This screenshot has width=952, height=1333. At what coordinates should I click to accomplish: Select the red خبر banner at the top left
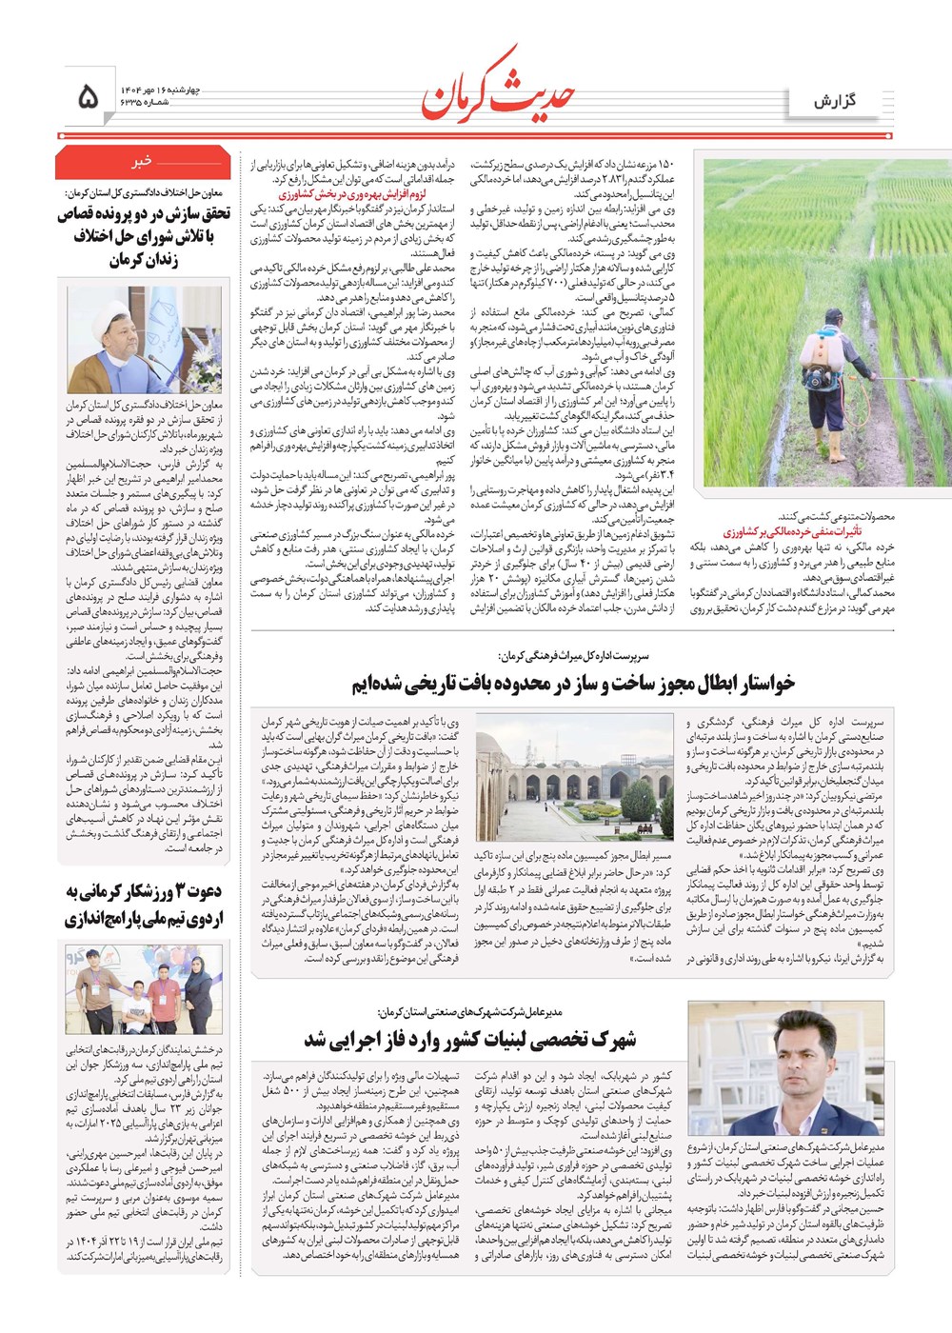(x=143, y=163)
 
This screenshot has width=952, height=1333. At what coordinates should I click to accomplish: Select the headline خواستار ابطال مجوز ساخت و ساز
(x=572, y=684)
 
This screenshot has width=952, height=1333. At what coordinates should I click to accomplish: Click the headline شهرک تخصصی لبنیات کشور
(x=469, y=1038)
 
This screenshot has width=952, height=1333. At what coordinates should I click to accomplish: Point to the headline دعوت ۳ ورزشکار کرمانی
(x=144, y=905)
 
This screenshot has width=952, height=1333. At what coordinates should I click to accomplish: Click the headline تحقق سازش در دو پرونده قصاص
(x=144, y=235)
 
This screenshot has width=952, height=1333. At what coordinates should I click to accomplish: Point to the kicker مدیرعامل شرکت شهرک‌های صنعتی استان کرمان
(x=469, y=1011)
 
